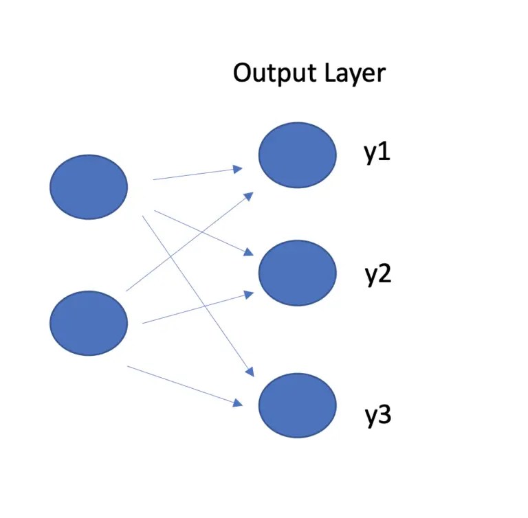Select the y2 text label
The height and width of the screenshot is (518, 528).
(x=377, y=275)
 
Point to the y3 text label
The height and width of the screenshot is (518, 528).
(x=377, y=416)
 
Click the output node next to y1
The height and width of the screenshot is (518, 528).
(x=297, y=155)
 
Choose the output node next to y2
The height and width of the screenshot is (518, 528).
(x=297, y=273)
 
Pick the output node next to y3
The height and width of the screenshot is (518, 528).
(x=297, y=405)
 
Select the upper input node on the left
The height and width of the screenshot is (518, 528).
(x=89, y=187)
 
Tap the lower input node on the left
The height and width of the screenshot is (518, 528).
(x=89, y=323)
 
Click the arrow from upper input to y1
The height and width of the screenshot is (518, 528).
(x=196, y=174)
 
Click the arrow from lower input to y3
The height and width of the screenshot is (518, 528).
(x=186, y=385)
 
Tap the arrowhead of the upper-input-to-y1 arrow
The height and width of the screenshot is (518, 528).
(x=239, y=168)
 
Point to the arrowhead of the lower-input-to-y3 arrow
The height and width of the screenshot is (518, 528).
(x=239, y=403)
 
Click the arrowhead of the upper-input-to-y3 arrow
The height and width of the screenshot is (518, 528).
(x=250, y=372)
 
